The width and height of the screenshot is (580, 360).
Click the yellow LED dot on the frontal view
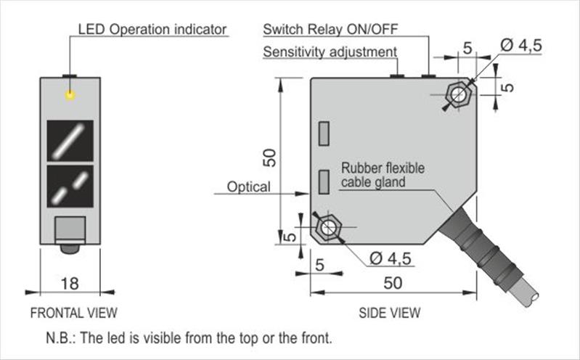[x=70, y=94]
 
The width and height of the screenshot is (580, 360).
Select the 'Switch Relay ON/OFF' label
[x=330, y=30]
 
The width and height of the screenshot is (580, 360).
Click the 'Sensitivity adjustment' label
[x=330, y=52]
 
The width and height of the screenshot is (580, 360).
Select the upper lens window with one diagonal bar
[x=70, y=140]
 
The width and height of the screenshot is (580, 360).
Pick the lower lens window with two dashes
[x=70, y=187]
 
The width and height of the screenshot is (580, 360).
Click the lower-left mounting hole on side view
[x=327, y=227]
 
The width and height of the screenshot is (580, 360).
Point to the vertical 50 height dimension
[x=269, y=155]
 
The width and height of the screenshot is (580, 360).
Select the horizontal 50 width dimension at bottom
[x=393, y=283]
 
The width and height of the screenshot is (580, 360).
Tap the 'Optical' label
[x=248, y=187]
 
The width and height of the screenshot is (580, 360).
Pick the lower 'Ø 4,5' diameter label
[x=391, y=258]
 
